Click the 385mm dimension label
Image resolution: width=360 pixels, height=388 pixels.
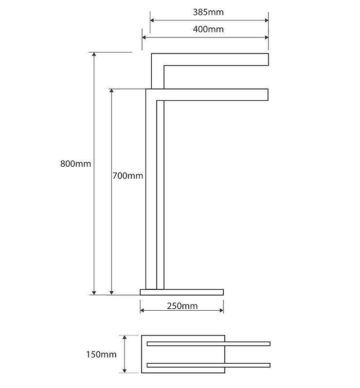(x=208, y=12)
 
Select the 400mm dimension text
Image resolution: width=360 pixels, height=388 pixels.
(x=208, y=29)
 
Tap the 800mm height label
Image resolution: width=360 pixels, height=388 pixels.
(x=75, y=164)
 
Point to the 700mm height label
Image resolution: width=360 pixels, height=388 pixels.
(x=128, y=176)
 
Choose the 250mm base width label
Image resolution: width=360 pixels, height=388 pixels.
(x=182, y=306)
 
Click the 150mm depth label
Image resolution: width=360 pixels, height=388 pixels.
(x=101, y=354)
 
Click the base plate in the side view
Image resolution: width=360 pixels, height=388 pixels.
(x=182, y=292)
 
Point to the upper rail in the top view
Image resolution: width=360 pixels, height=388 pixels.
(x=209, y=344)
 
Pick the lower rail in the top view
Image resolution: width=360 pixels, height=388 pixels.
(x=209, y=365)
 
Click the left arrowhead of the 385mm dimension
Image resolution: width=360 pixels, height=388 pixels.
(x=152, y=20)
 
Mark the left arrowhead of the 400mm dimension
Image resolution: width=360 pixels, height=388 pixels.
(x=144, y=37)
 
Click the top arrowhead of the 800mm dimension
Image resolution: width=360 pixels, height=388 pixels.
(x=94, y=54)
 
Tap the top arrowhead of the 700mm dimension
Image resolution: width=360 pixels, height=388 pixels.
(x=111, y=90)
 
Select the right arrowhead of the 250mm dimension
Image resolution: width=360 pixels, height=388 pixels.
(x=222, y=311)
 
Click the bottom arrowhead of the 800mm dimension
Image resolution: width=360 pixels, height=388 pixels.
(x=94, y=293)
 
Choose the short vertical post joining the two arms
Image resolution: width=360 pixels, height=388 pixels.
(x=158, y=77)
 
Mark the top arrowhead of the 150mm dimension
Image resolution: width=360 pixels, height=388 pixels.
(x=125, y=337)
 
